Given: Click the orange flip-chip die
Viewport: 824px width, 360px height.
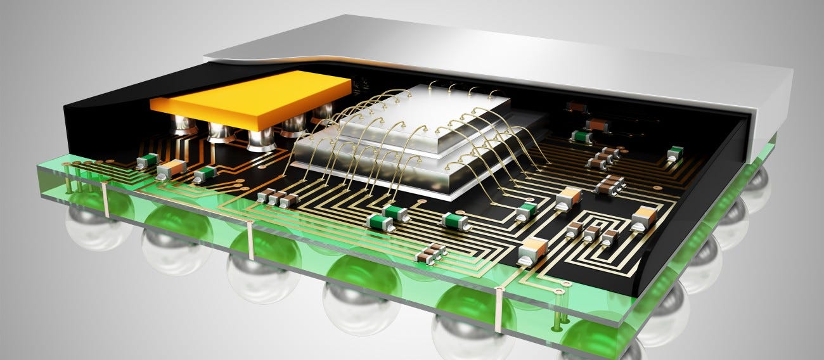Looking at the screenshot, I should pyautogui.click(x=250, y=100).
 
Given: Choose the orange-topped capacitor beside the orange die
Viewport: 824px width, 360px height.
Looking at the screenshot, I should pyautogui.click(x=171, y=169).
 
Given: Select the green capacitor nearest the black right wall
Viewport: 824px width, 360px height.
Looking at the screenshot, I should pyautogui.click(x=675, y=153).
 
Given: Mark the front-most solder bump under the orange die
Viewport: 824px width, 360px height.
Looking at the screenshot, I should pyautogui.click(x=261, y=139).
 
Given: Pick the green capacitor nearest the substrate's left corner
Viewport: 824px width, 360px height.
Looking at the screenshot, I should pyautogui.click(x=147, y=161).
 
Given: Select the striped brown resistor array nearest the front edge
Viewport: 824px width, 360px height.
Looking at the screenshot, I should pyautogui.click(x=430, y=254).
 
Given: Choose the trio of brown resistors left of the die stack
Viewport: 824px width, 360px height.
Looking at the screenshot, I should pyautogui.click(x=277, y=198).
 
